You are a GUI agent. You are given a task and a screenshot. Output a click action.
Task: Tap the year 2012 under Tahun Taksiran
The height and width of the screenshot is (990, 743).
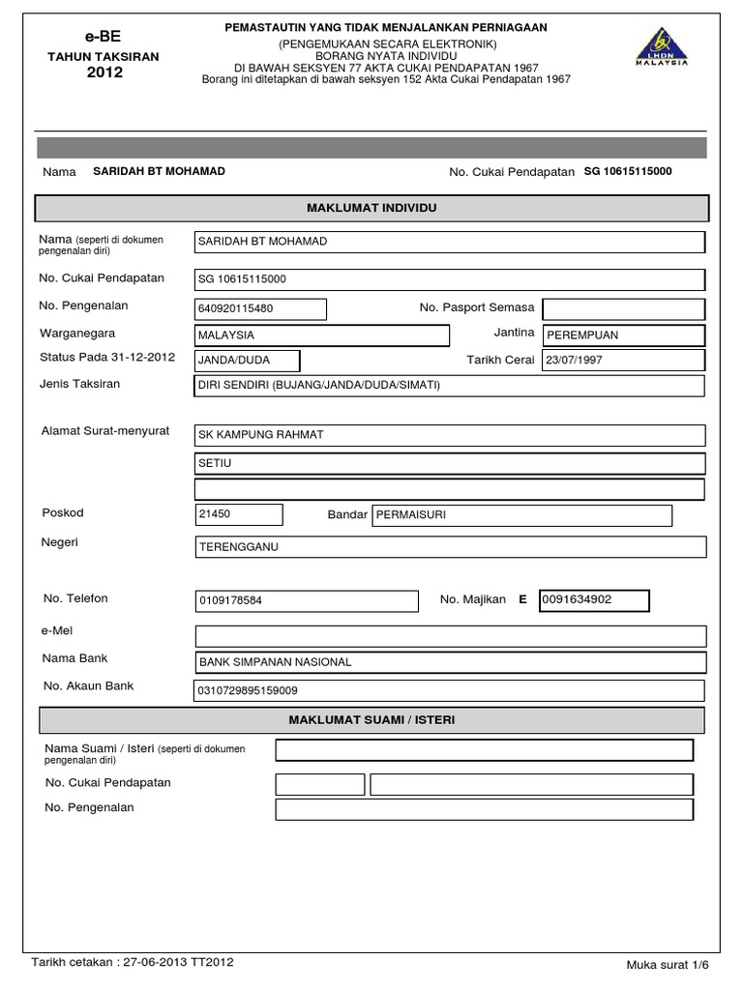(104, 73)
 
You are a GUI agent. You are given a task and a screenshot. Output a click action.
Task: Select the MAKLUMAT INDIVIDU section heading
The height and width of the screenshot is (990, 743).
(372, 208)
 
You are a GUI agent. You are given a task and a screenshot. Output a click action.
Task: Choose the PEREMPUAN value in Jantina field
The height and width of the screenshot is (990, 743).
(582, 335)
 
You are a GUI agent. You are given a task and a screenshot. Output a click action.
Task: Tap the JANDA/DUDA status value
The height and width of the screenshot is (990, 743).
(234, 361)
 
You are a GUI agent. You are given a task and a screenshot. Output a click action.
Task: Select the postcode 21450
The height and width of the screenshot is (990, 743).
(215, 514)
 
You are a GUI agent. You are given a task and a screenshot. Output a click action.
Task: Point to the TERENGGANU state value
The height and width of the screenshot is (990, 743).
(238, 546)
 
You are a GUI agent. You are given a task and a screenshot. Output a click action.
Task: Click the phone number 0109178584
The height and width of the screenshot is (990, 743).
(230, 600)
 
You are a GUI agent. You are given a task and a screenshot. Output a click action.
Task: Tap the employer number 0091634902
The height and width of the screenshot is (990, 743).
(578, 599)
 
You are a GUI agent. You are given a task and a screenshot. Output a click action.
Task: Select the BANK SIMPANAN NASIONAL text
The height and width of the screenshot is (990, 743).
(276, 662)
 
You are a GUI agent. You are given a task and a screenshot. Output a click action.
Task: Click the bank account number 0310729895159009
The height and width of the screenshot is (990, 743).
(248, 690)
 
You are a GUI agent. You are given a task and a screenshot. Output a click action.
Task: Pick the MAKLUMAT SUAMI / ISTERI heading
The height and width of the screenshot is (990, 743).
(372, 720)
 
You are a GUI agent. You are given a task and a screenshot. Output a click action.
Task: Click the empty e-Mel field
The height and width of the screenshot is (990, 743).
(450, 635)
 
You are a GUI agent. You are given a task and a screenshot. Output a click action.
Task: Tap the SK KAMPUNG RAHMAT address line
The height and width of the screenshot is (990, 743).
(261, 435)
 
